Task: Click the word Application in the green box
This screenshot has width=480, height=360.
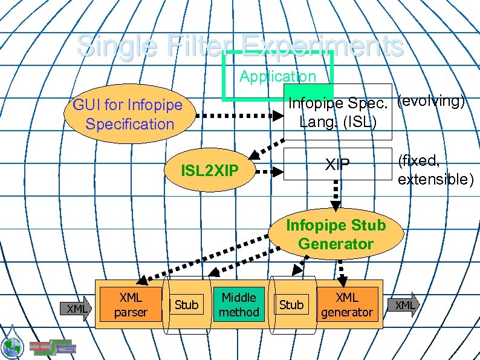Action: click(x=277, y=76)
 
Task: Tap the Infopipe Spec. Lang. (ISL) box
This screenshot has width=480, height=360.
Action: click(x=338, y=113)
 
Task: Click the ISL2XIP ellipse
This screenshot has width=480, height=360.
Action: click(x=210, y=171)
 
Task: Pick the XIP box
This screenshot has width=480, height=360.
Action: click(x=337, y=164)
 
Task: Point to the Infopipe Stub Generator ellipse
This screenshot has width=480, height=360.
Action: click(x=336, y=235)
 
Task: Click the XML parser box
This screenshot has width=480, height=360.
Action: click(x=131, y=304)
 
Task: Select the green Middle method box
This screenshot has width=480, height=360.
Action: click(x=239, y=304)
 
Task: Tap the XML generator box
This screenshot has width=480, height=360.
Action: click(x=347, y=304)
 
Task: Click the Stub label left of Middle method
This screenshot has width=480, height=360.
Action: click(x=186, y=305)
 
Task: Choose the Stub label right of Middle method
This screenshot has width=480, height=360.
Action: click(x=291, y=305)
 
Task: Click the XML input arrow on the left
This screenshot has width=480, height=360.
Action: click(x=77, y=309)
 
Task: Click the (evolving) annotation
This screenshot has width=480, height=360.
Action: click(x=431, y=101)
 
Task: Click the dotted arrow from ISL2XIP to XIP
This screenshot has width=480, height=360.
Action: click(x=269, y=171)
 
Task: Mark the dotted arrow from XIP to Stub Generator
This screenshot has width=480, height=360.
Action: click(x=336, y=194)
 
